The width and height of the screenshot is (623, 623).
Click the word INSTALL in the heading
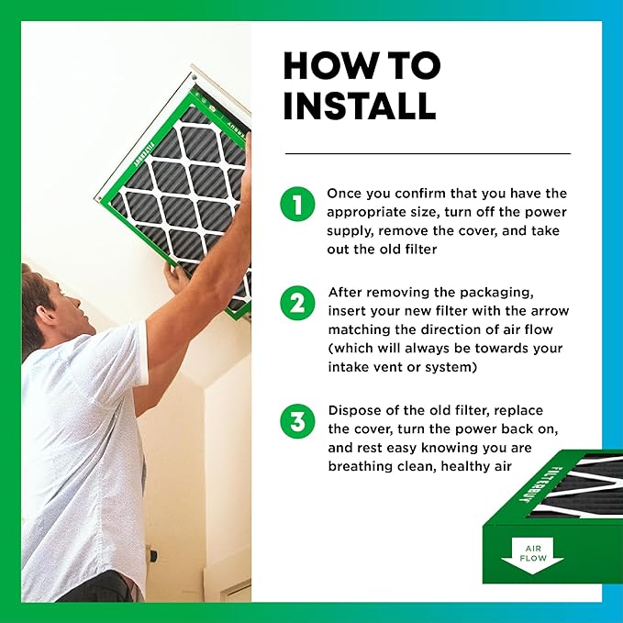click(360, 106)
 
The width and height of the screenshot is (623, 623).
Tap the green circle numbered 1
click(297, 204)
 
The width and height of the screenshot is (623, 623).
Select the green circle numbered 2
click(297, 303)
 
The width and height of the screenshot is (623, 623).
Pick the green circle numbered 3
click(297, 421)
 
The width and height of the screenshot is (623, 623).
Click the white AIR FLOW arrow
click(532, 555)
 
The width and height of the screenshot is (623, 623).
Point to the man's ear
click(48, 314)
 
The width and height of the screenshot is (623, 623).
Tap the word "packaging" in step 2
click(496, 293)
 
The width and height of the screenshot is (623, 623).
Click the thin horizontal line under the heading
click(428, 153)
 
